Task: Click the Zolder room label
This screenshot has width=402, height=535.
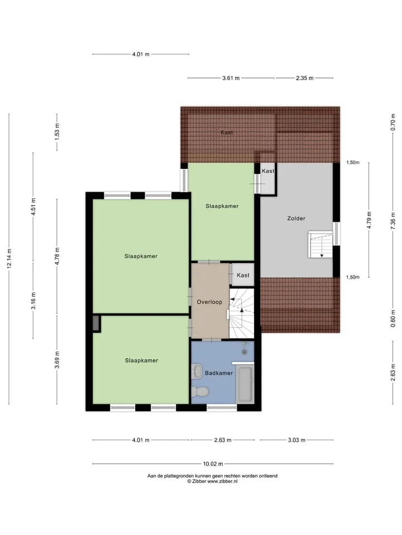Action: tap(296, 218)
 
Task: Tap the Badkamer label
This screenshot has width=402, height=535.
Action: tap(219, 373)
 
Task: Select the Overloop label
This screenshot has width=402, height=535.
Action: tap(209, 302)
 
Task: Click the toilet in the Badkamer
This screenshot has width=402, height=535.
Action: tap(200, 391)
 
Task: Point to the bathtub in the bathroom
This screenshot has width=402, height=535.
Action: tap(245, 384)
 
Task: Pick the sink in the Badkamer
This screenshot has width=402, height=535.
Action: tap(197, 371)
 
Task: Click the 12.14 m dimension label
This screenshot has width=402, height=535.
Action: tap(9, 259)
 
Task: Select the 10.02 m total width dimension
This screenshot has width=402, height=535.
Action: tap(213, 464)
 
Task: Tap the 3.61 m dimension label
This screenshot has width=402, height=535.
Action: tap(231, 78)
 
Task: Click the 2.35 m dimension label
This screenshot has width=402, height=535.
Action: tap(305, 78)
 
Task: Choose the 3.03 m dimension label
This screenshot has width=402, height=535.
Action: tap(296, 440)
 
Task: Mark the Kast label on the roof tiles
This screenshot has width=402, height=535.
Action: tap(227, 133)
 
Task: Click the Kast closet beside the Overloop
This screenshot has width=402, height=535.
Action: tap(243, 275)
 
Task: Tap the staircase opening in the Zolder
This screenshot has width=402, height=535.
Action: tap(320, 245)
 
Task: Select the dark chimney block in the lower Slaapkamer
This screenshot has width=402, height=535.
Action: tap(96, 323)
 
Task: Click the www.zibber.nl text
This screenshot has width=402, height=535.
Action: tap(222, 481)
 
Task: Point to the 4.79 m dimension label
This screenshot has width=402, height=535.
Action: tap(369, 221)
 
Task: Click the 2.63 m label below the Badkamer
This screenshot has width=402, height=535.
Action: tap(223, 440)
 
